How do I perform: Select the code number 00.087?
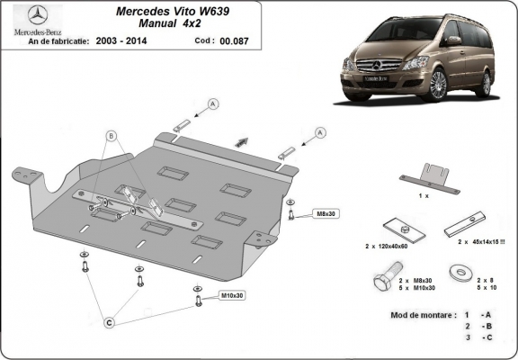point(235,41)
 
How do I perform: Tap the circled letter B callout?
point(112,137)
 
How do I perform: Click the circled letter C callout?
point(110,321)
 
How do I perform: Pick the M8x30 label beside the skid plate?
point(324,213)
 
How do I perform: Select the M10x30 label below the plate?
point(233,295)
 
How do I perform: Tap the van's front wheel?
point(438,86)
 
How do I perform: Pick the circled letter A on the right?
point(319,132)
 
